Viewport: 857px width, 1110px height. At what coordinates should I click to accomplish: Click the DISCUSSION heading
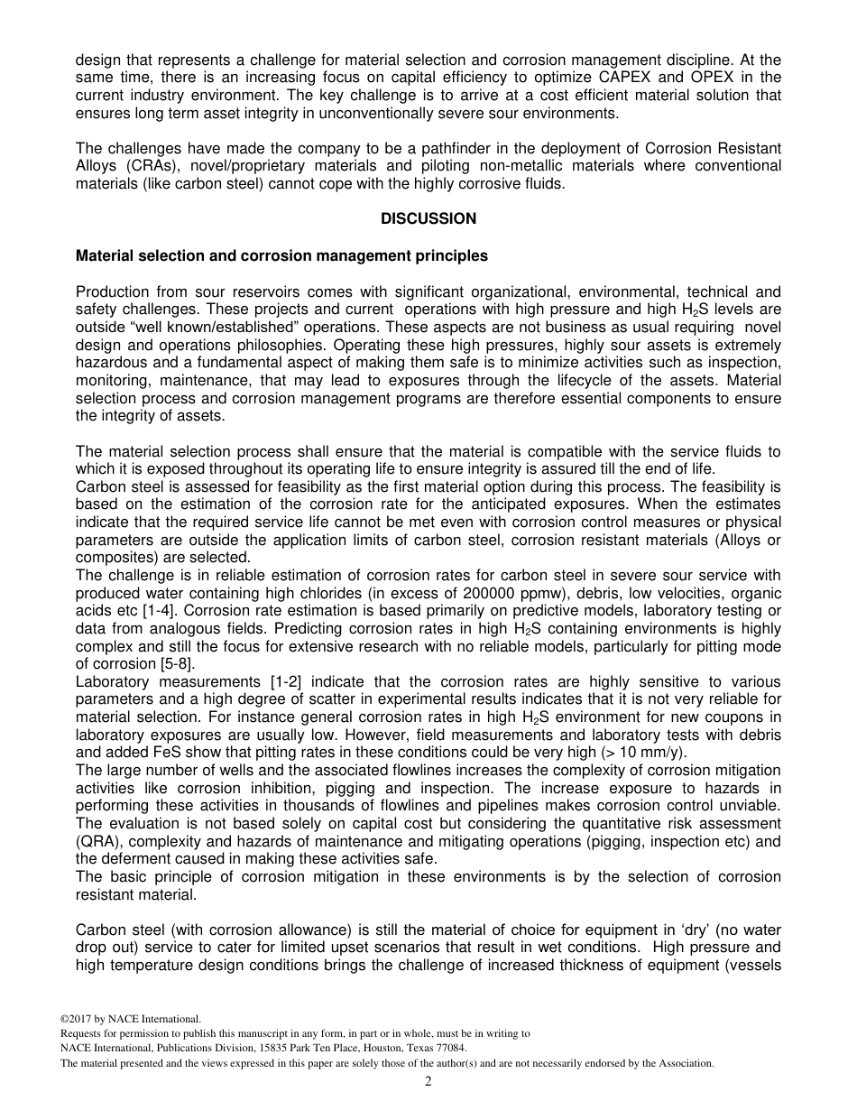click(428, 219)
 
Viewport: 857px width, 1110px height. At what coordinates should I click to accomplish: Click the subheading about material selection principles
click(281, 256)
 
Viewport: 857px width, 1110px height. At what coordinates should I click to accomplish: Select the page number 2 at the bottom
click(428, 1081)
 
